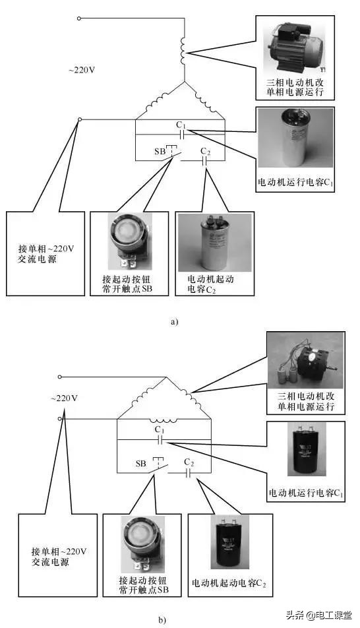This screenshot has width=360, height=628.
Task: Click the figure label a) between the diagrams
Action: [174, 322]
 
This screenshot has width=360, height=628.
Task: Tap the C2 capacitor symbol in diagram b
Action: [189, 472]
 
